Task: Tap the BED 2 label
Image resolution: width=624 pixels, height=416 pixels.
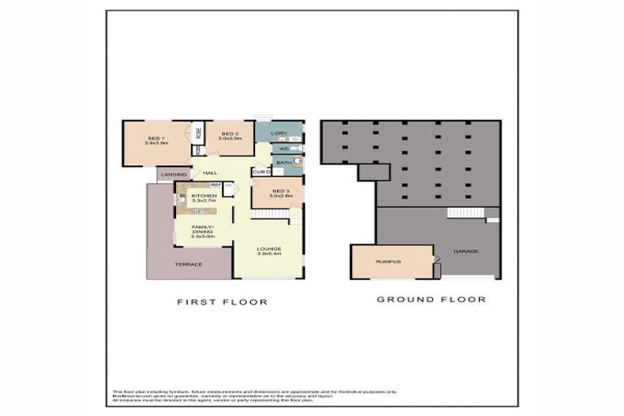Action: (230, 134)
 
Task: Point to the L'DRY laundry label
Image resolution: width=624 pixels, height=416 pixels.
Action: (277, 133)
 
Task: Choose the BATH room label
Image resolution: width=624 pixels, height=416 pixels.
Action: (284, 162)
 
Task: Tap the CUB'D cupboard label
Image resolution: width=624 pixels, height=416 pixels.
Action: (261, 172)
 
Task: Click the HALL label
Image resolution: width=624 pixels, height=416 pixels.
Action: (210, 173)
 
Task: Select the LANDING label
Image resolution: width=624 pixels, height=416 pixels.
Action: (173, 174)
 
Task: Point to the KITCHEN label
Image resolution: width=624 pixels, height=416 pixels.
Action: (203, 196)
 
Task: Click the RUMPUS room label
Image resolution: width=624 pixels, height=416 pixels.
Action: (386, 262)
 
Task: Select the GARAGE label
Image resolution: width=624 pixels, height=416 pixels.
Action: (466, 251)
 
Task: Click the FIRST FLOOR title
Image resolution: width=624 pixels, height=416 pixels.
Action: (222, 301)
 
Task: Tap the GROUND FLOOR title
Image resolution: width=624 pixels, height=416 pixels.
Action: (431, 300)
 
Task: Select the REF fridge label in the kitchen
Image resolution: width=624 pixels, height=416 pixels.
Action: (216, 185)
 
